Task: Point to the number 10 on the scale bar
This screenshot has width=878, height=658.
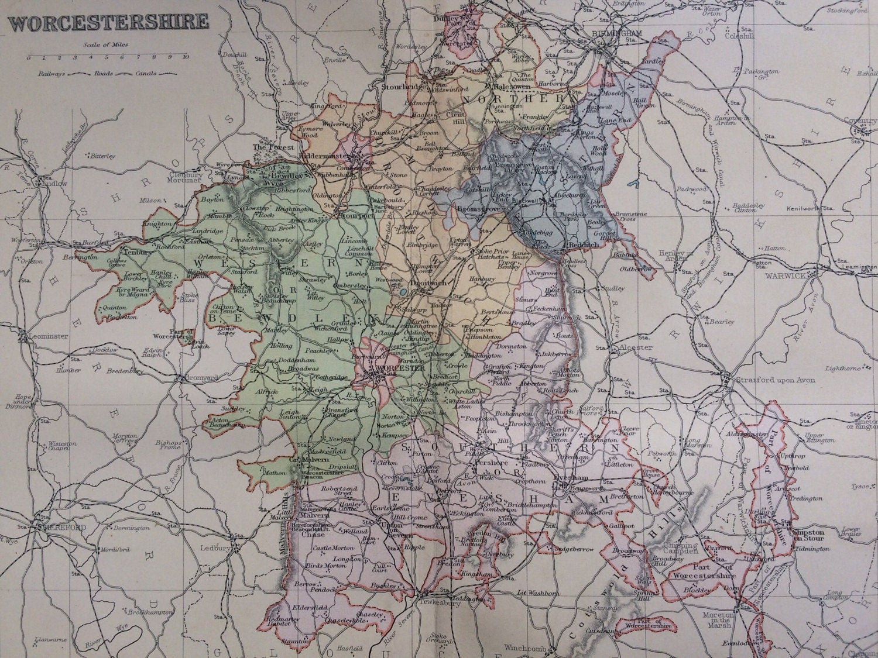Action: (185, 57)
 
